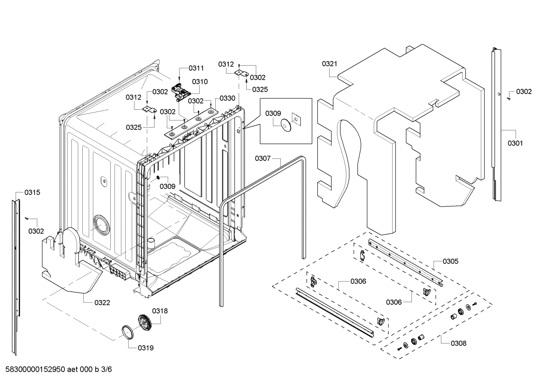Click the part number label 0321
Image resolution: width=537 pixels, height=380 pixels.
[329, 64]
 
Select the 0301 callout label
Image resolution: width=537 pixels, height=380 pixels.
[515, 143]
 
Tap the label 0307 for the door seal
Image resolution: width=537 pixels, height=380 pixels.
[263, 158]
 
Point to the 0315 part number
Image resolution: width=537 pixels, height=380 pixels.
[32, 192]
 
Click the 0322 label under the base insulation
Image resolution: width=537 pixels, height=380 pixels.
[102, 302]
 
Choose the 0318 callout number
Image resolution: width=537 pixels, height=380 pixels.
[160, 311]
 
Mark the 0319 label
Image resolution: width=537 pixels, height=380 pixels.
[146, 348]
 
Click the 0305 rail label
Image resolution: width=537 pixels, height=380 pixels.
[451, 261]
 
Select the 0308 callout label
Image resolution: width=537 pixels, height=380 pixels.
[458, 343]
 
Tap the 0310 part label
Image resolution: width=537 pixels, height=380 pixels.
[200, 82]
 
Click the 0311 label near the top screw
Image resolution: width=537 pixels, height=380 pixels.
[196, 68]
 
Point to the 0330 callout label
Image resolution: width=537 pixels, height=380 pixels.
[227, 98]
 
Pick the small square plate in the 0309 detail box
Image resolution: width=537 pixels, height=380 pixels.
[296, 119]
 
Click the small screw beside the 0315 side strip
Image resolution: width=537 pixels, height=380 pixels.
[27, 218]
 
